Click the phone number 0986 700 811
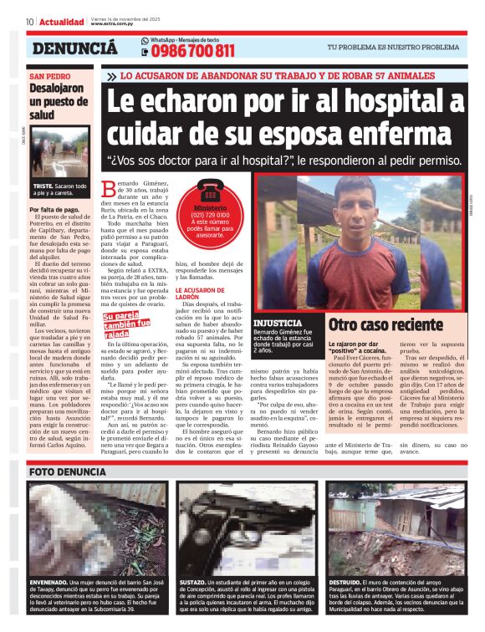click(x=194, y=52)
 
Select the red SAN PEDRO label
click(x=49, y=75)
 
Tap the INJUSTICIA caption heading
click(x=277, y=321)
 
